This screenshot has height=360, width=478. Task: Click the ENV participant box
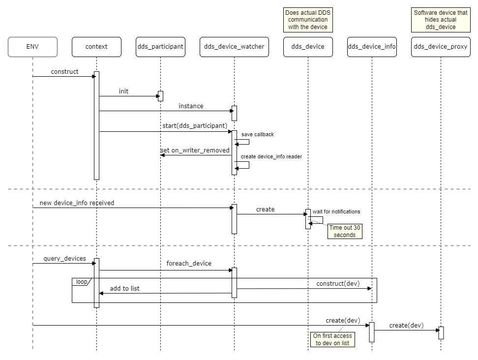[x=32, y=47]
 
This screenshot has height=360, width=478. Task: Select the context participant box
[x=96, y=47]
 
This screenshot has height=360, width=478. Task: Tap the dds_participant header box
[x=160, y=47]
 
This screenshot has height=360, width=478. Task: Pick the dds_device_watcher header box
[x=234, y=47]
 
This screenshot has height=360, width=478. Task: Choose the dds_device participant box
[x=308, y=47]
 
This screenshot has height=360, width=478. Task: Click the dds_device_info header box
[x=372, y=47]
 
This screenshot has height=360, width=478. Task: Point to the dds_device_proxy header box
[x=441, y=47]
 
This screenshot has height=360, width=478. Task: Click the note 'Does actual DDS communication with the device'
[x=308, y=20]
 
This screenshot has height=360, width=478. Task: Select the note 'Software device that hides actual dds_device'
[x=441, y=20]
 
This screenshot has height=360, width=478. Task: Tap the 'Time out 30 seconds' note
[x=345, y=231]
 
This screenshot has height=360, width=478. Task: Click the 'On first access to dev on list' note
[x=332, y=339]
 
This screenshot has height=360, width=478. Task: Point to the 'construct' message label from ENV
[x=64, y=72]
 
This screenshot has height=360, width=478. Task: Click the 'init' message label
[x=123, y=91]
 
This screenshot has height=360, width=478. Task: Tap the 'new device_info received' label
[x=77, y=203]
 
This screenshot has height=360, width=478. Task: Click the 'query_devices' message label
[x=64, y=259]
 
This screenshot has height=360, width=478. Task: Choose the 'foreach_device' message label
[x=189, y=264]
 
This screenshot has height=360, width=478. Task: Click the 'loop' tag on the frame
[x=80, y=282]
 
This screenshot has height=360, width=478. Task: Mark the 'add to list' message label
[x=124, y=289]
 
